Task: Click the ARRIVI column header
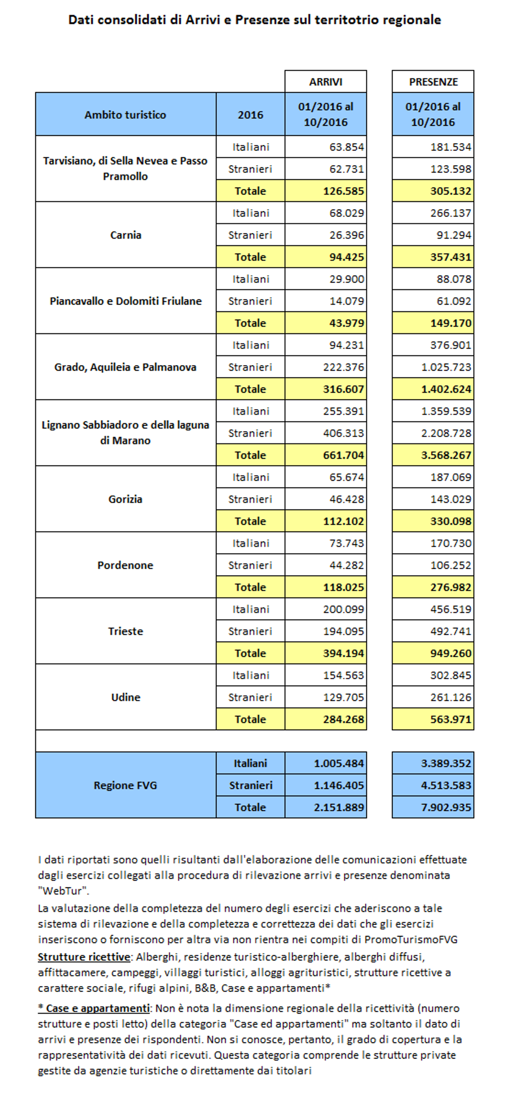tap(325, 82)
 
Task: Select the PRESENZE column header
tap(433, 82)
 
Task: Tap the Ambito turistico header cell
tap(125, 115)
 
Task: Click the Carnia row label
tap(125, 235)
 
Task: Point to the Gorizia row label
tap(125, 499)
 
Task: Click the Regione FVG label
tap(125, 785)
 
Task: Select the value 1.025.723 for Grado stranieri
tap(446, 367)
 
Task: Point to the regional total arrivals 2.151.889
tap(339, 807)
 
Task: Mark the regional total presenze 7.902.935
tap(446, 807)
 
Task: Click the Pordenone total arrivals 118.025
tap(344, 587)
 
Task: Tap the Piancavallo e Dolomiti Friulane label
tap(125, 301)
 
